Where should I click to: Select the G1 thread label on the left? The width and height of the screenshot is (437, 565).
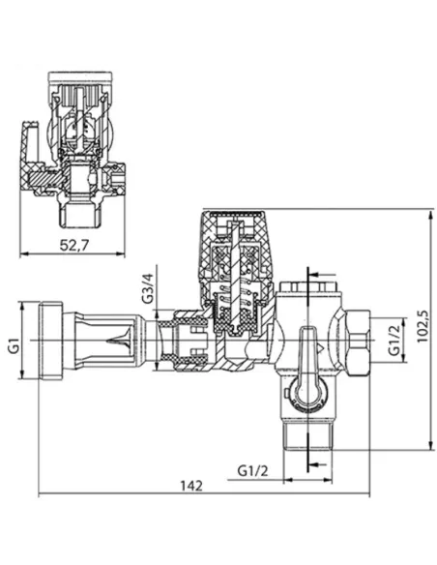15,342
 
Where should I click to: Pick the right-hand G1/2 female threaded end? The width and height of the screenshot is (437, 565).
359,342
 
